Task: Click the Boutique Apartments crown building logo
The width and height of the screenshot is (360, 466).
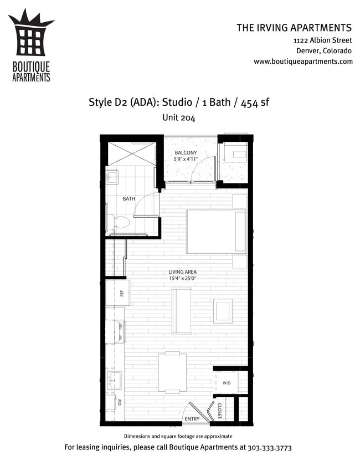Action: [31, 38]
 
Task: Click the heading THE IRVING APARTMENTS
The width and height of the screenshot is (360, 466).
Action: [294, 28]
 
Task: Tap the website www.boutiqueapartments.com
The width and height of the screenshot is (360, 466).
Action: [303, 62]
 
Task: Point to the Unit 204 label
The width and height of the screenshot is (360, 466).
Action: [179, 117]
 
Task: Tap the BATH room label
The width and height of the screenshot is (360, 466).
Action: [128, 198]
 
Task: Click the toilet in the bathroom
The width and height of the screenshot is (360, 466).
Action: [117, 223]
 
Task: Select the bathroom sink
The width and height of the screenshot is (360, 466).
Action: [111, 177]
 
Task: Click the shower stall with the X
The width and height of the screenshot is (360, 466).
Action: [131, 153]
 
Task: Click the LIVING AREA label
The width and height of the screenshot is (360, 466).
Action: [183, 272]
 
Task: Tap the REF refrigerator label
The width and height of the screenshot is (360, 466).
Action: [122, 293]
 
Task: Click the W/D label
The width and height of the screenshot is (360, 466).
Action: [227, 383]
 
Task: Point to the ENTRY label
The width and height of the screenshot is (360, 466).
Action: [192, 419]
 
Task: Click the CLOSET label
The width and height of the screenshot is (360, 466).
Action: [219, 411]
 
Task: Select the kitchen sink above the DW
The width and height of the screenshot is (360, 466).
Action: [115, 380]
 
